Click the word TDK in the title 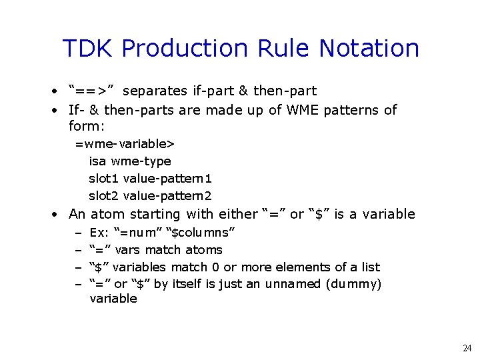tap(89, 49)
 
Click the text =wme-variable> tap(125, 143)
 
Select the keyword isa tap(98, 161)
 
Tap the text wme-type tap(141, 161)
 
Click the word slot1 tap(104, 178)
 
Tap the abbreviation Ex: tap(99, 233)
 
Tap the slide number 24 tap(467, 348)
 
